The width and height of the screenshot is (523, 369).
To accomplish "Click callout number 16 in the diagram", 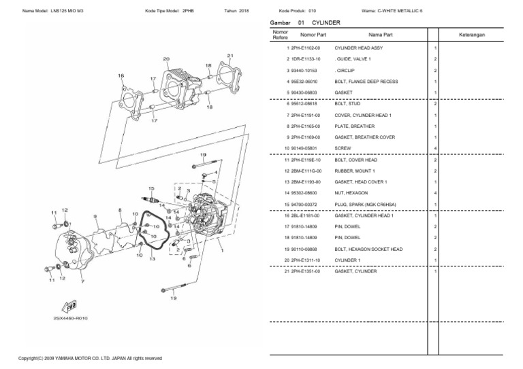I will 121,75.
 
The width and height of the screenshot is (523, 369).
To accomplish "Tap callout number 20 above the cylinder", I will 166,59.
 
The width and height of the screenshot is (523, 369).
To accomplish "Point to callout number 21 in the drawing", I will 230,55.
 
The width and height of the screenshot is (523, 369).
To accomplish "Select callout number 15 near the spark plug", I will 152,188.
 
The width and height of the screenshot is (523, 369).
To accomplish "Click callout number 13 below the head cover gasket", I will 152,259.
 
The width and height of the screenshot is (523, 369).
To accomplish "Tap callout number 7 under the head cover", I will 82,281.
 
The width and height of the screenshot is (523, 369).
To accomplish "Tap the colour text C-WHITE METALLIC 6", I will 407,11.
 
